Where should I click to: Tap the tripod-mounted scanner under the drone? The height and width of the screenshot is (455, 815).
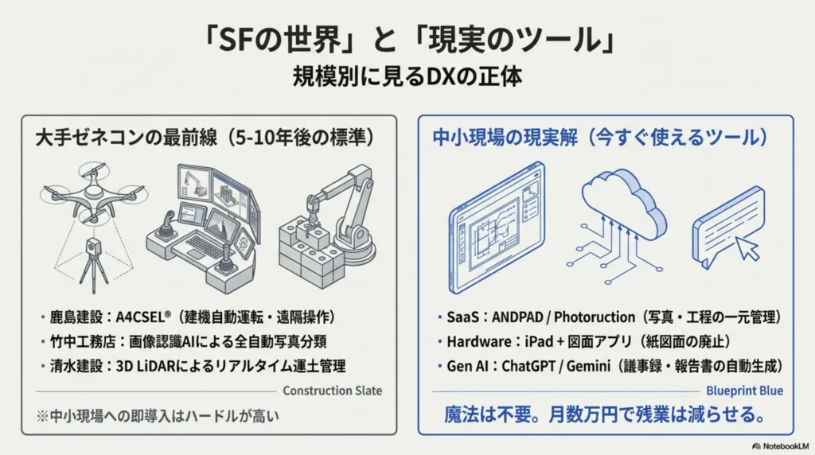pyautogui.click(x=89, y=255)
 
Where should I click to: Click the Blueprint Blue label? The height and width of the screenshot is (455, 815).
pyautogui.click(x=744, y=391)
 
